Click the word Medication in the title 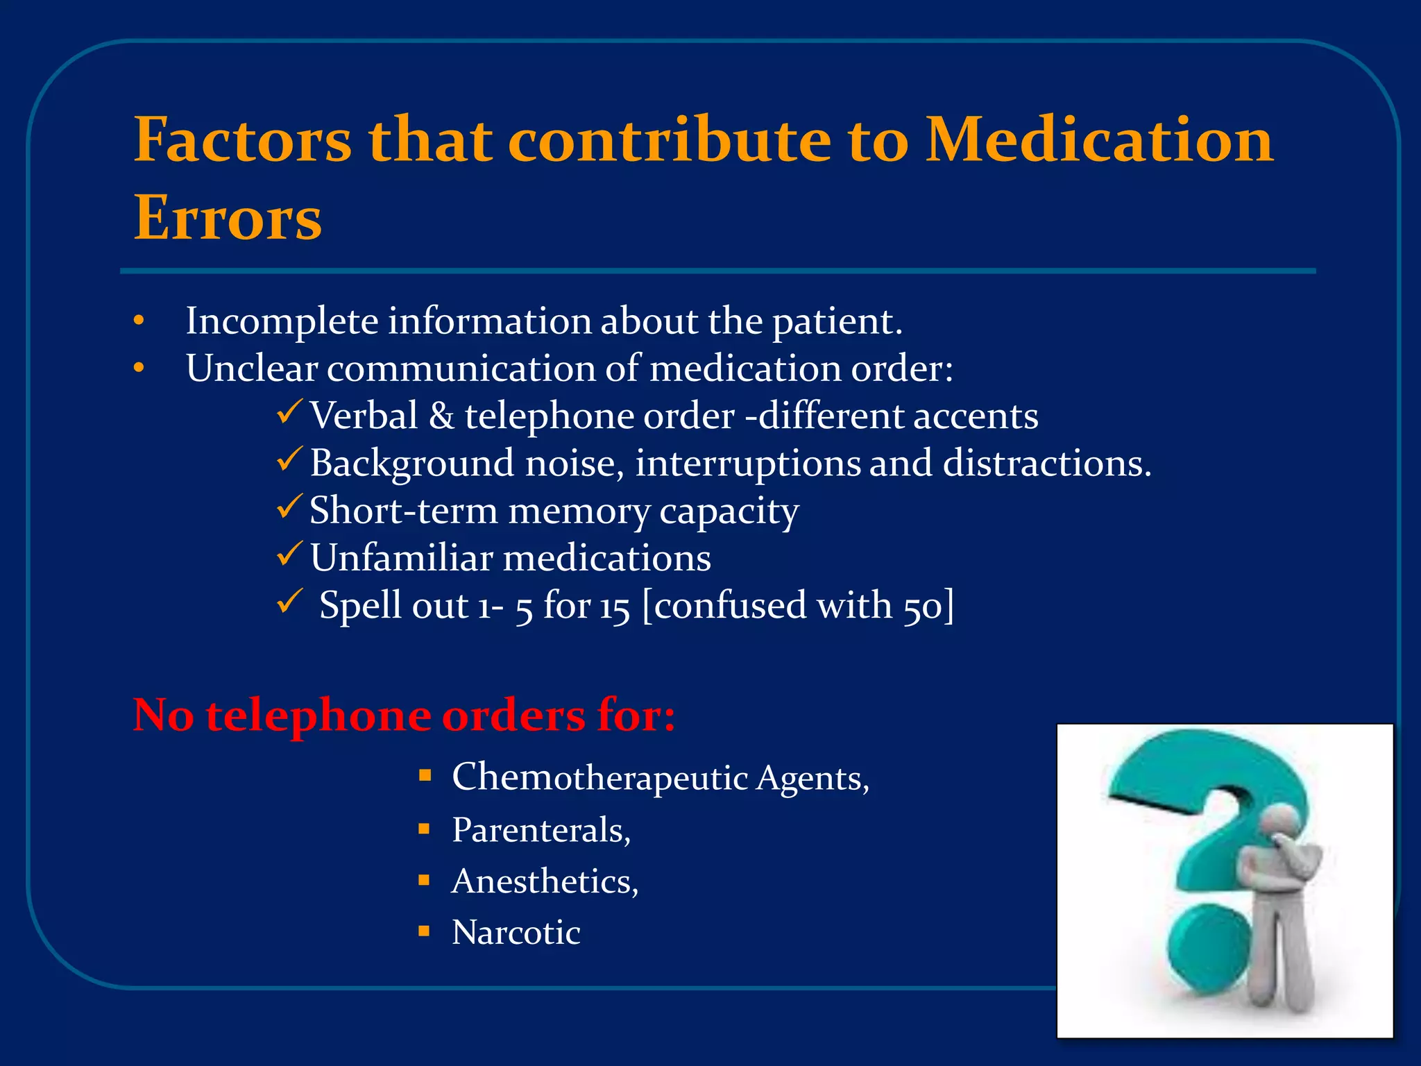pos(1100,140)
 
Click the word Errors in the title pos(228,219)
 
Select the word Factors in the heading pos(243,140)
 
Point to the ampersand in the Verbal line pos(441,416)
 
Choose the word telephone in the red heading pos(318,716)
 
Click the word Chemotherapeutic pos(599,777)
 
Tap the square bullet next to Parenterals pos(425,829)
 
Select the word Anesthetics pos(541,881)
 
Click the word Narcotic pos(516,933)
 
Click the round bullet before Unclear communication pos(139,368)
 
